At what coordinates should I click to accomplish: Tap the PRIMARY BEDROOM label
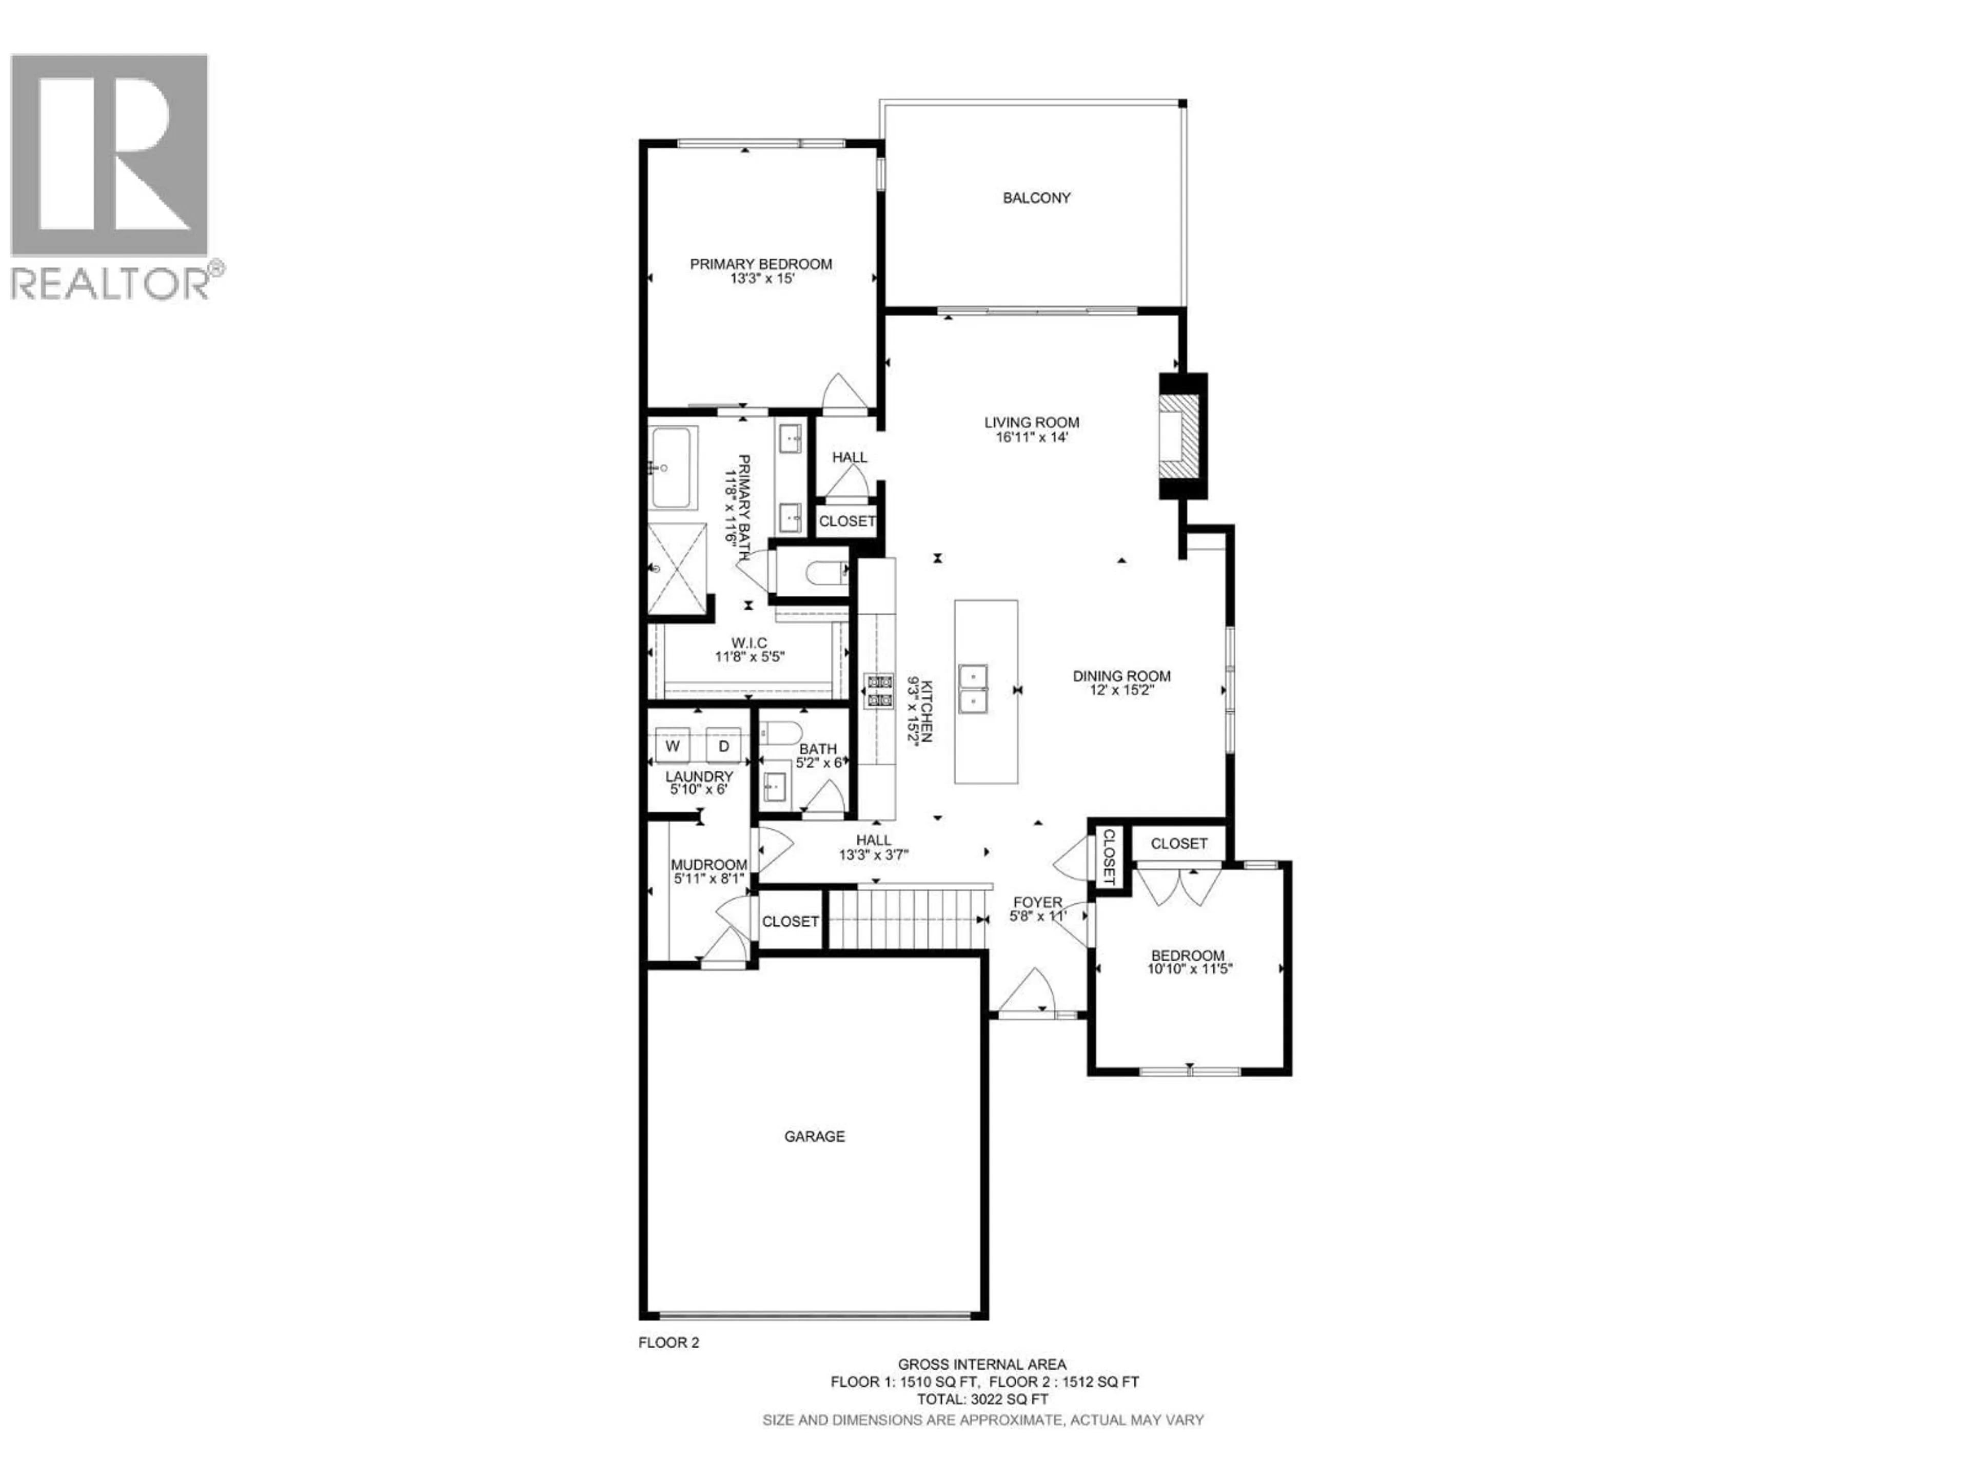(761, 264)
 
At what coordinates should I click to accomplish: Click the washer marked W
(673, 746)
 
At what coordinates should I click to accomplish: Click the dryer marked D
(724, 746)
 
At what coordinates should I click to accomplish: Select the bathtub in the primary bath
(673, 467)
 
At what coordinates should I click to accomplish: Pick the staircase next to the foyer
(907, 920)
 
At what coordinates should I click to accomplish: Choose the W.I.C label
(749, 643)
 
